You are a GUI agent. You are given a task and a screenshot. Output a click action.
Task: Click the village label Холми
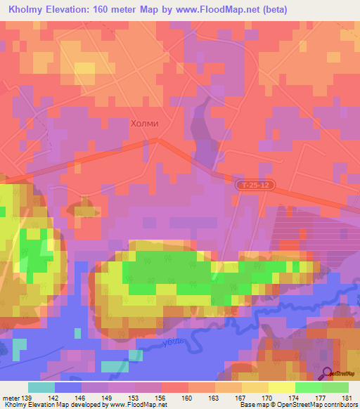[x=145, y=123]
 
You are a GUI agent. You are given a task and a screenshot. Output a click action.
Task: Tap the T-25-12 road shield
[x=253, y=184]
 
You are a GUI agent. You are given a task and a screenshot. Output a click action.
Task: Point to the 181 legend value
[x=345, y=397]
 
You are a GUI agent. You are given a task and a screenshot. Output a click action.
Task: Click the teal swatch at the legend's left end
[x=41, y=387]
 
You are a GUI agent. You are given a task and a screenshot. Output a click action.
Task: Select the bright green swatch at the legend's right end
[x=335, y=387]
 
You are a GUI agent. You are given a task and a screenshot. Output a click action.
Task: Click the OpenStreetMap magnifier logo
[x=327, y=374]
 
